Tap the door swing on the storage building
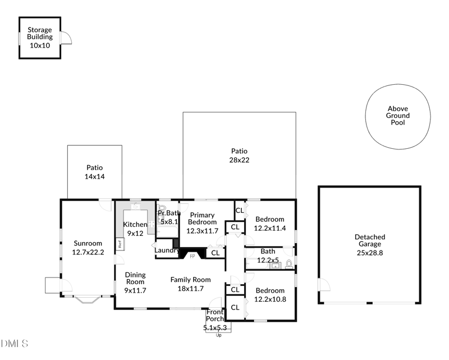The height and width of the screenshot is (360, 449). tap(66, 37)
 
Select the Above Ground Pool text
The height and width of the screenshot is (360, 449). tap(398, 116)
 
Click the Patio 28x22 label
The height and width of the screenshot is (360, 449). tap(239, 156)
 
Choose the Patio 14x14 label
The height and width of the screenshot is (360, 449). tap(95, 172)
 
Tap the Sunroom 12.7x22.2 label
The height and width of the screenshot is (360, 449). tap(88, 248)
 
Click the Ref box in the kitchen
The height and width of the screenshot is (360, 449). tap(120, 244)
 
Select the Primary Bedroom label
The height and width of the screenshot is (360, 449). tap(201, 218)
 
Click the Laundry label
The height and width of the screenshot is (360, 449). tap(167, 250)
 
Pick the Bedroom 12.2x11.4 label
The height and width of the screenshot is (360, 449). tap(270, 224)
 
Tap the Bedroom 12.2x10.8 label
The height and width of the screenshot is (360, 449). tap(270, 295)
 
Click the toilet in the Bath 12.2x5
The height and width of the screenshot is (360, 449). tap(289, 263)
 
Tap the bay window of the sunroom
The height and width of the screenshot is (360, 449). tap(89, 299)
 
